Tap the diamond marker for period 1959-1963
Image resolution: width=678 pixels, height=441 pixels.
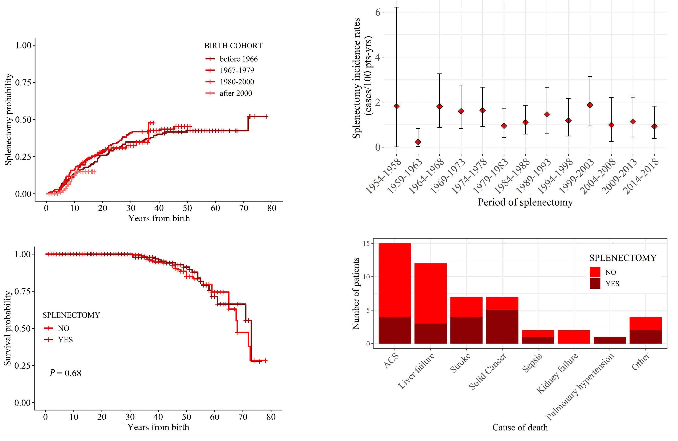point(418,142)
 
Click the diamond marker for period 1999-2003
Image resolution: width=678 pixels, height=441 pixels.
point(590,105)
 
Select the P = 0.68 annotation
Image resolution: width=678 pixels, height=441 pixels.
point(66,373)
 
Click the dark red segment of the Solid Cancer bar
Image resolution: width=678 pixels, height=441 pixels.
point(502,327)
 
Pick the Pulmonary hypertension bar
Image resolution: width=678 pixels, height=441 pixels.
point(610,340)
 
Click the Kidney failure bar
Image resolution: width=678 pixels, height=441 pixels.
point(574,337)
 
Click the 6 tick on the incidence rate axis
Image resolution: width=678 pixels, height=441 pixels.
point(378,12)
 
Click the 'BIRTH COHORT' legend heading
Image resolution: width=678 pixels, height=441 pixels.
point(233,46)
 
